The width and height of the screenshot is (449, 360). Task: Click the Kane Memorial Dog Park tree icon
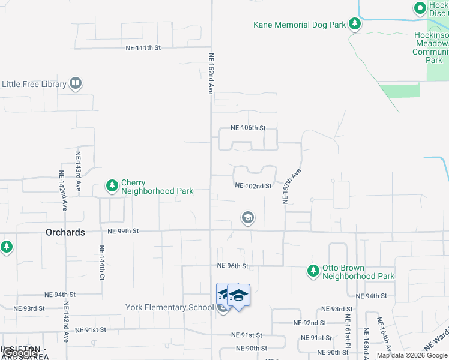(x=355, y=24)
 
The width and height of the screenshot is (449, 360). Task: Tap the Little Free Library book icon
(x=76, y=83)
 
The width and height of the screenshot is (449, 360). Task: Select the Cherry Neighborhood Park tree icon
(x=112, y=187)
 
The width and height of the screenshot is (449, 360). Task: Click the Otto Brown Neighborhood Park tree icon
(x=313, y=272)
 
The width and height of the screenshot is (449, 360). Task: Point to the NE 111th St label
(x=143, y=47)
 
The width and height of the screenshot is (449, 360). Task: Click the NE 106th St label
(x=249, y=128)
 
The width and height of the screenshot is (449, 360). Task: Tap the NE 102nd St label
(x=253, y=186)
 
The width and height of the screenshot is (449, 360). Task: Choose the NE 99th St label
(x=123, y=230)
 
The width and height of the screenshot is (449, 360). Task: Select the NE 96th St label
(x=232, y=266)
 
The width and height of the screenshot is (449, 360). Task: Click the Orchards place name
(x=65, y=232)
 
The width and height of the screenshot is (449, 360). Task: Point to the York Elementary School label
(x=169, y=308)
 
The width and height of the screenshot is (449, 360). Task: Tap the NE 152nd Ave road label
(x=211, y=74)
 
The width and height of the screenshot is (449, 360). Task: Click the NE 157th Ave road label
(x=292, y=187)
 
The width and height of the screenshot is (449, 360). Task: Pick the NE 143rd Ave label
(x=78, y=172)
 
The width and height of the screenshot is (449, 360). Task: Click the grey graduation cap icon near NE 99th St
(x=247, y=218)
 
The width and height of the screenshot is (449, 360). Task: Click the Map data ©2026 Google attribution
(x=412, y=355)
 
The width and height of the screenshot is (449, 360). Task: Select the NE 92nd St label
(x=309, y=322)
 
